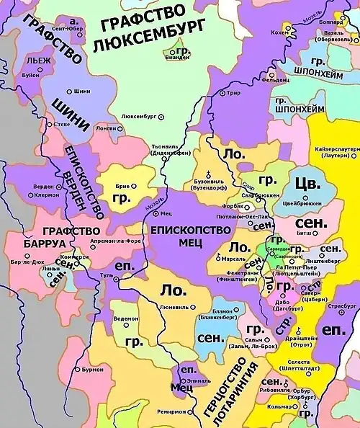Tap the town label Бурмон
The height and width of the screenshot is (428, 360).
point(92,369)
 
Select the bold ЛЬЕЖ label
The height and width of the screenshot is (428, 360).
point(37,61)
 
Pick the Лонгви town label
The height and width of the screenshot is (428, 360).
point(104,128)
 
